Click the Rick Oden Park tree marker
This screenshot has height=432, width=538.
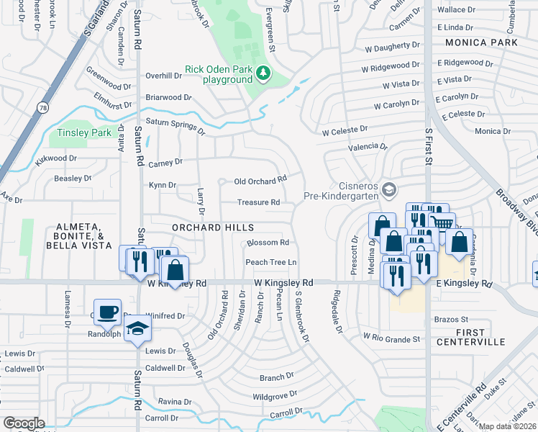coord(264,73)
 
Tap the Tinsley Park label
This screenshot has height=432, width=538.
coord(85,132)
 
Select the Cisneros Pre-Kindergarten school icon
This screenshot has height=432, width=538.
coord(389,190)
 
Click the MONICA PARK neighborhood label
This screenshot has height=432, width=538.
coord(480,42)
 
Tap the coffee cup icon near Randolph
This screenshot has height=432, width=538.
coord(108,312)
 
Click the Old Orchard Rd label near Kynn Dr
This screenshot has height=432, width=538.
coord(263,179)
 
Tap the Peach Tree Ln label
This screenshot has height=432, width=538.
coord(271,262)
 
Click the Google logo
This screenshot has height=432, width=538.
coord(24,423)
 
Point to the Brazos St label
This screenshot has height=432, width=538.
coord(450,318)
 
